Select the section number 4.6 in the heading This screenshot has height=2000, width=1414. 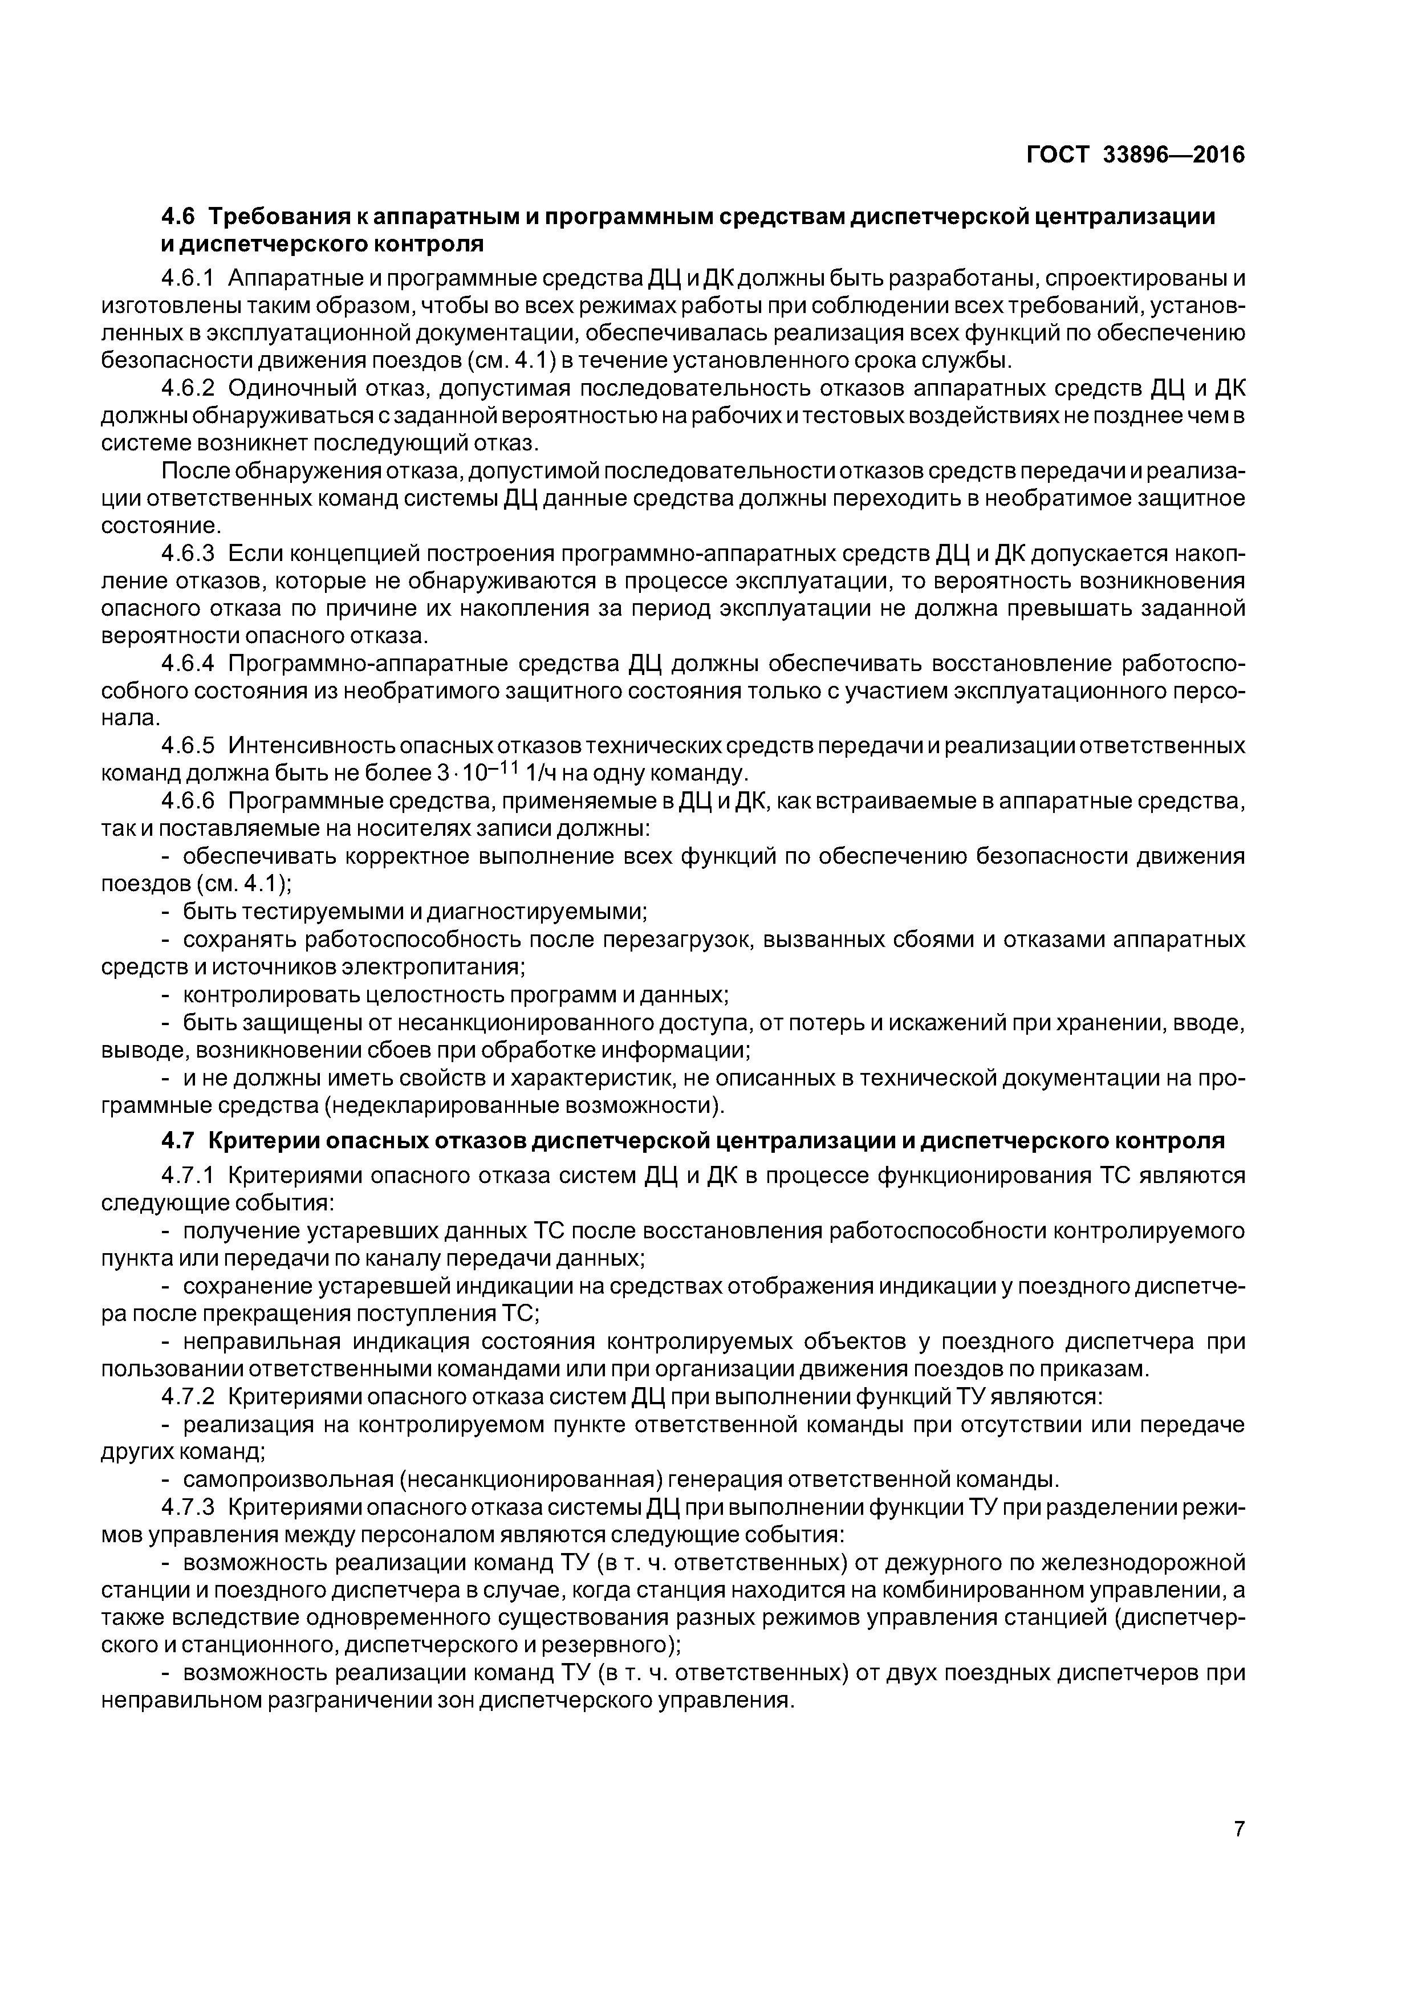click(x=180, y=216)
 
